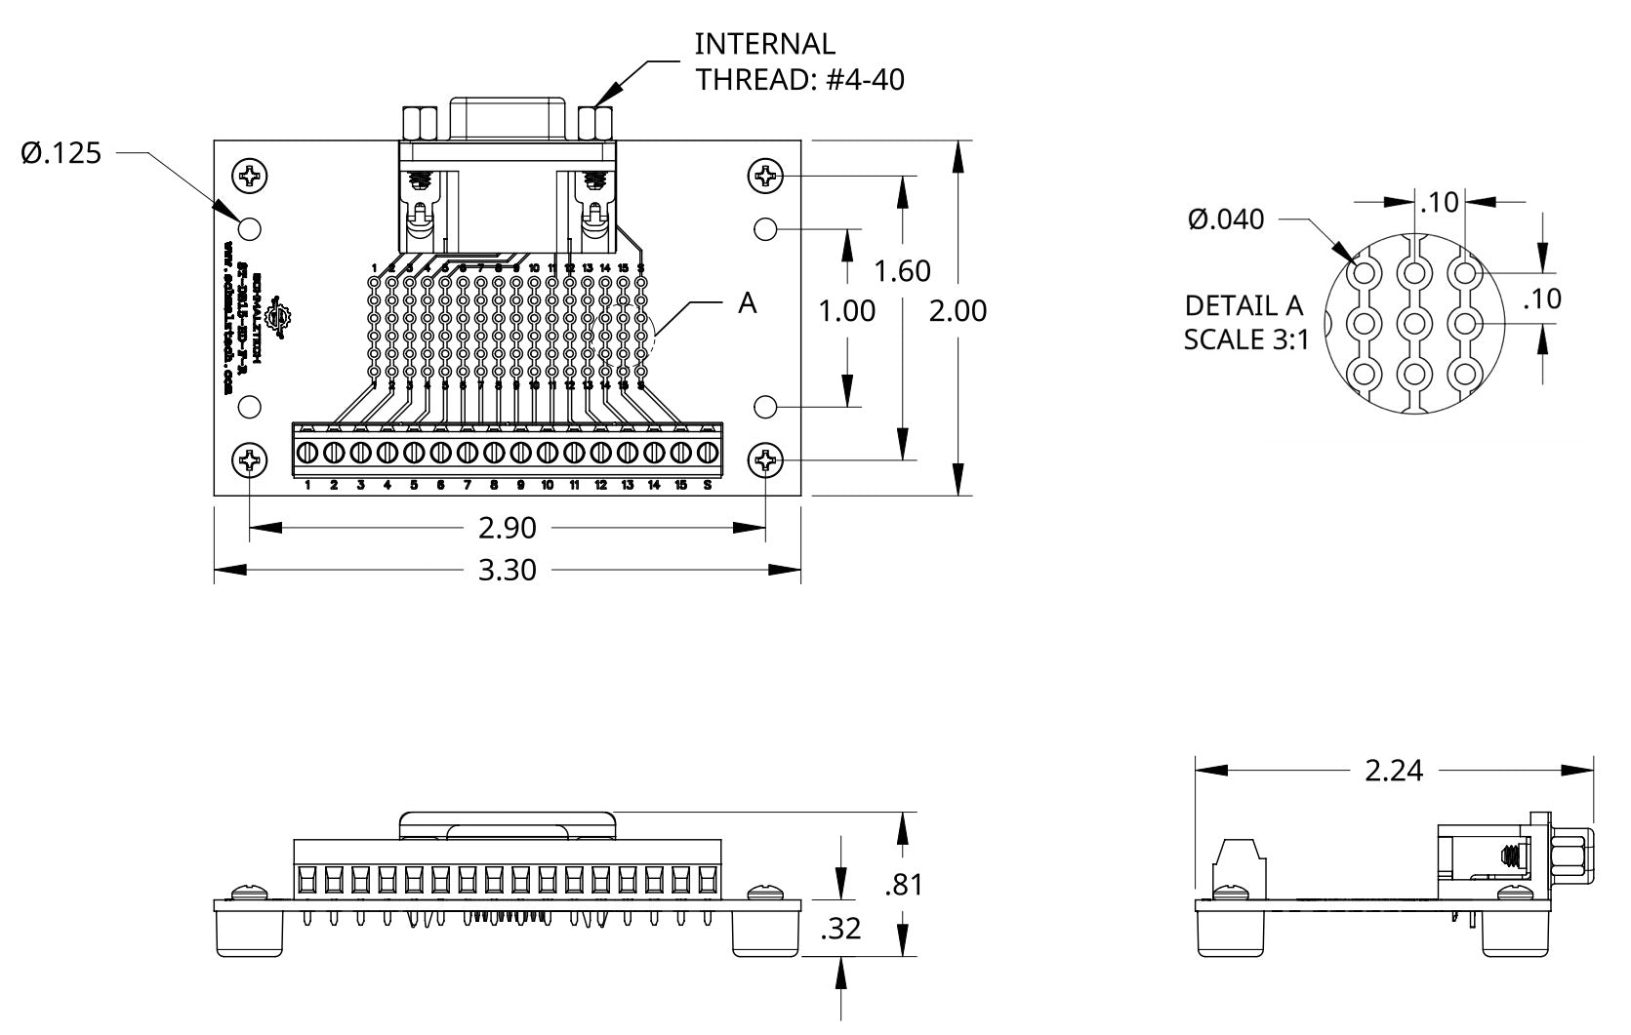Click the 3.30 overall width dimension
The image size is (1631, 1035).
[x=507, y=569]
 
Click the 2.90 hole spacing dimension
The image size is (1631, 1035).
[x=507, y=528]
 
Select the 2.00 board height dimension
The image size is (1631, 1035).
[x=958, y=310]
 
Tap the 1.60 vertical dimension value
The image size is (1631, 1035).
[x=902, y=270]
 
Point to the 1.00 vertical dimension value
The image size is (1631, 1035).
[x=846, y=310]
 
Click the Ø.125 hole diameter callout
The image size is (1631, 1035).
[x=61, y=153]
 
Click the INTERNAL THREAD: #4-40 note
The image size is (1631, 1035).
[x=798, y=61]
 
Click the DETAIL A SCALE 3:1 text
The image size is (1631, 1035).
[x=1244, y=322]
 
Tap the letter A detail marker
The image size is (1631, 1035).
[x=747, y=303]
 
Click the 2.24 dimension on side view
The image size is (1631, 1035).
[x=1393, y=771]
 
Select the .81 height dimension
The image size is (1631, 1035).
[x=903, y=885]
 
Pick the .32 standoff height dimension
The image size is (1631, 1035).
[x=840, y=929]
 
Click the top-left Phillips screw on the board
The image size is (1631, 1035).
[x=250, y=176]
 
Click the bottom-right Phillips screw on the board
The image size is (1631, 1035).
[x=765, y=460]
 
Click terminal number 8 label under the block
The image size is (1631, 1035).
[x=494, y=485]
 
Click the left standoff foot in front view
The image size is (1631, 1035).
[x=250, y=935]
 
